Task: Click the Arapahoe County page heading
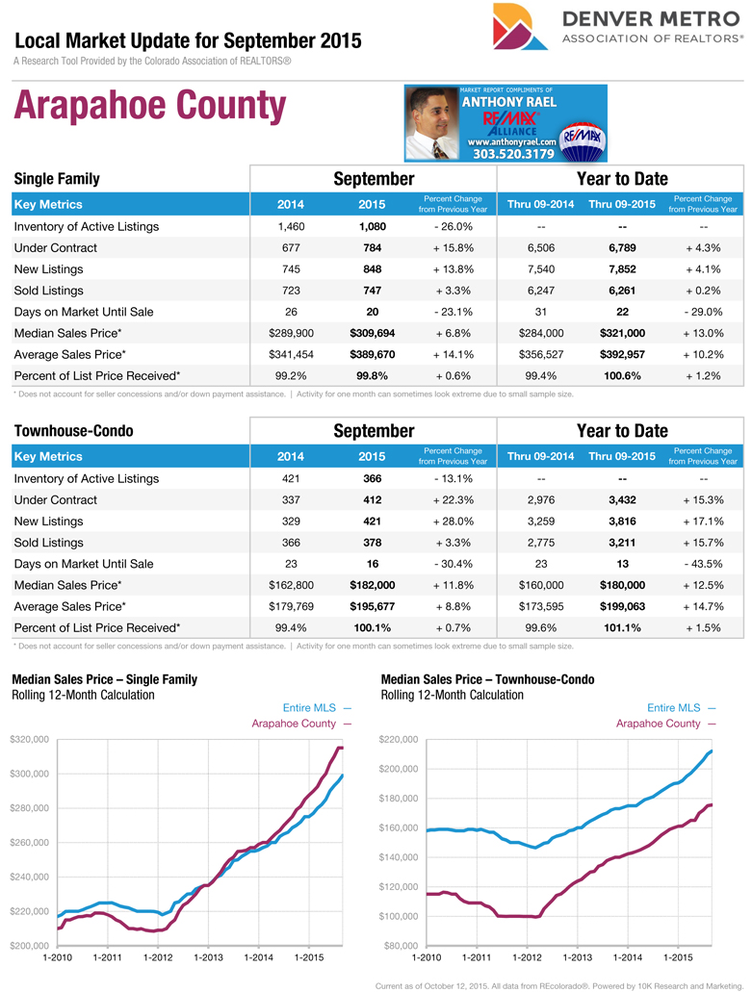coord(149,107)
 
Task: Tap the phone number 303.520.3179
coord(513,154)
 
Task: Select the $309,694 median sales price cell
coord(372,333)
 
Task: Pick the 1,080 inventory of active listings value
coord(372,227)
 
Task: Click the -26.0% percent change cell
coord(453,227)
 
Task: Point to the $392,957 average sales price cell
coord(621,354)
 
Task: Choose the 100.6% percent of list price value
coord(621,375)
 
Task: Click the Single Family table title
coord(57,179)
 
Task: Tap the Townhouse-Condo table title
coord(73,431)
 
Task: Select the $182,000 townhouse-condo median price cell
coord(372,585)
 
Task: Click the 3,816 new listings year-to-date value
coord(621,521)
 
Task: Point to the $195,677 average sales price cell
coord(372,606)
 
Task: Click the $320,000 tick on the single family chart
coord(28,739)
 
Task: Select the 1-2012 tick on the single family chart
coord(158,957)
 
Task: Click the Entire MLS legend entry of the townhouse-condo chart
coord(680,708)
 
